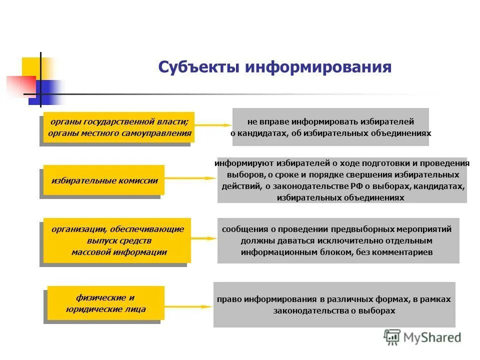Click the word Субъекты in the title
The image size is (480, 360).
(x=198, y=67)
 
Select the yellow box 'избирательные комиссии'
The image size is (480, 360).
(x=104, y=180)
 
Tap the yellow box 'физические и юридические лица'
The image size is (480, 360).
(x=105, y=303)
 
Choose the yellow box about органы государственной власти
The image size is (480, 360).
(x=118, y=127)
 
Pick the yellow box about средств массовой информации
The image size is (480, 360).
(x=117, y=240)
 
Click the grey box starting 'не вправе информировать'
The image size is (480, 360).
(x=330, y=127)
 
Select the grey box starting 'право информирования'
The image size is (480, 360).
(x=334, y=304)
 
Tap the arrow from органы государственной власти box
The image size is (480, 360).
(x=212, y=125)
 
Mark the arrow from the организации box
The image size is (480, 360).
(x=203, y=239)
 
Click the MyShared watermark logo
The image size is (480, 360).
(x=422, y=337)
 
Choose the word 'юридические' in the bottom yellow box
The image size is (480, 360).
(x=105, y=309)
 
